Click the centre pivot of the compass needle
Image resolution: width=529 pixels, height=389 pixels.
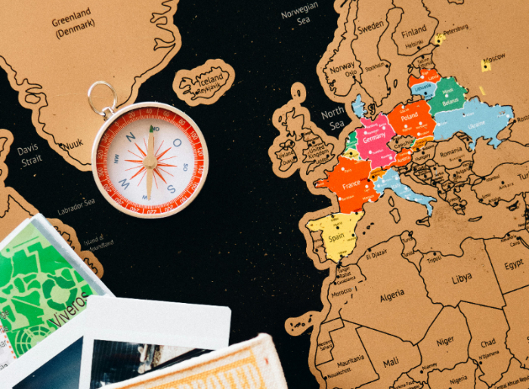click(x=150, y=161)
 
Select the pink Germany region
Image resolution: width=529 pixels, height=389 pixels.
click(x=373, y=140)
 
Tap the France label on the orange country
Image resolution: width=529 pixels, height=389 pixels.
click(x=351, y=185)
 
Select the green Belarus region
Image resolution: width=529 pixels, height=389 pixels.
click(x=450, y=98)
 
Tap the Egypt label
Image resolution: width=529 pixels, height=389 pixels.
click(x=514, y=264)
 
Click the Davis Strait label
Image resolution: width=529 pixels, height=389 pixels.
click(x=29, y=155)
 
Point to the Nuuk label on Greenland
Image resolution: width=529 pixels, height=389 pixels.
click(x=73, y=144)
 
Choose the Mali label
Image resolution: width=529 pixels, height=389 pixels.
click(x=391, y=363)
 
